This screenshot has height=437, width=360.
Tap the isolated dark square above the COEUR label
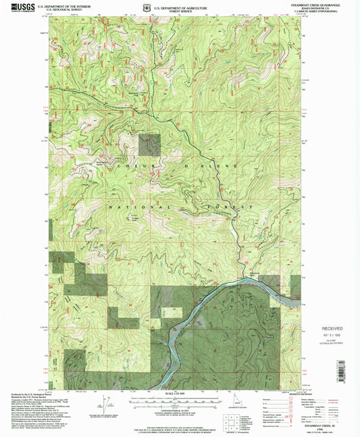pyautogui.click(x=150, y=145)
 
